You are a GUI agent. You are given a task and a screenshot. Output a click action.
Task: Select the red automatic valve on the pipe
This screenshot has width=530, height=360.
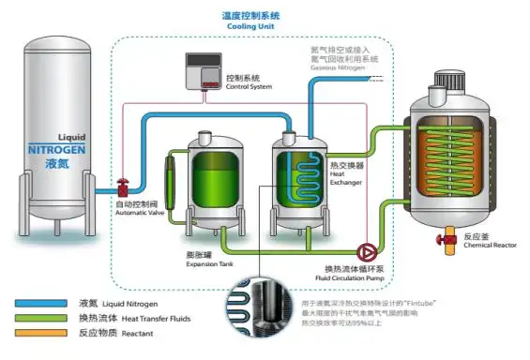click(x=122, y=187)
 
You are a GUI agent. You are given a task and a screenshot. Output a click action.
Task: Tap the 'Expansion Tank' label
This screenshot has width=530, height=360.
click(x=208, y=264)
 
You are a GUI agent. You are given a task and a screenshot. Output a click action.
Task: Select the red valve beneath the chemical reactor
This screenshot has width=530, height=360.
click(x=442, y=241)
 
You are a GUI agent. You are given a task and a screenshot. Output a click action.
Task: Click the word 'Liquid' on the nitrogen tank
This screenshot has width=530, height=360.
click(x=71, y=135)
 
